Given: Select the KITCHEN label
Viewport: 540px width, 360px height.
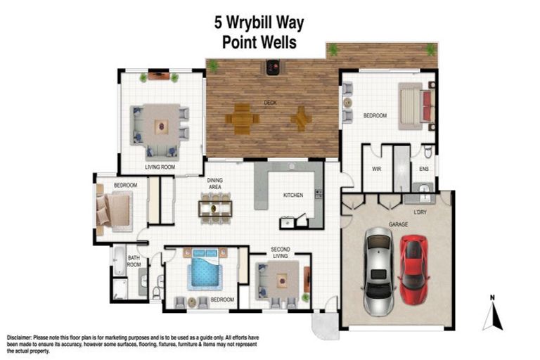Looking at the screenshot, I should [x=292, y=195].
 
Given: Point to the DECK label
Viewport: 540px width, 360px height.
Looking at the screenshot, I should [x=270, y=103].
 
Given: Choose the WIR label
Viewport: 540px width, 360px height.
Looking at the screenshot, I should [x=376, y=169].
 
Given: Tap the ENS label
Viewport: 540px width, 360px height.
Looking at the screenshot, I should [x=424, y=169].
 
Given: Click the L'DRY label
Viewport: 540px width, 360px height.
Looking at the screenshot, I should [x=419, y=210].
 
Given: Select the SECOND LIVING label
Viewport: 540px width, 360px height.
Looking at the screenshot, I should [x=281, y=252].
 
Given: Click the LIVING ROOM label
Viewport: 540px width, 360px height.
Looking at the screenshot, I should [x=160, y=167].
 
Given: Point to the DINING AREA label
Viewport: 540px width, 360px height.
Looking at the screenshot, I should [x=214, y=184].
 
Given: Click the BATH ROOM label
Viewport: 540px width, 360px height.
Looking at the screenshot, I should [x=134, y=262].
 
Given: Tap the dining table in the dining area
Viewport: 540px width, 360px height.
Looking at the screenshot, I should [x=215, y=207].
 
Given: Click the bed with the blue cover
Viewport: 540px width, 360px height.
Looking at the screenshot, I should [x=204, y=270].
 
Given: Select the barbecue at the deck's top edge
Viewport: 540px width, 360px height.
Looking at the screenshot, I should [x=271, y=68].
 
